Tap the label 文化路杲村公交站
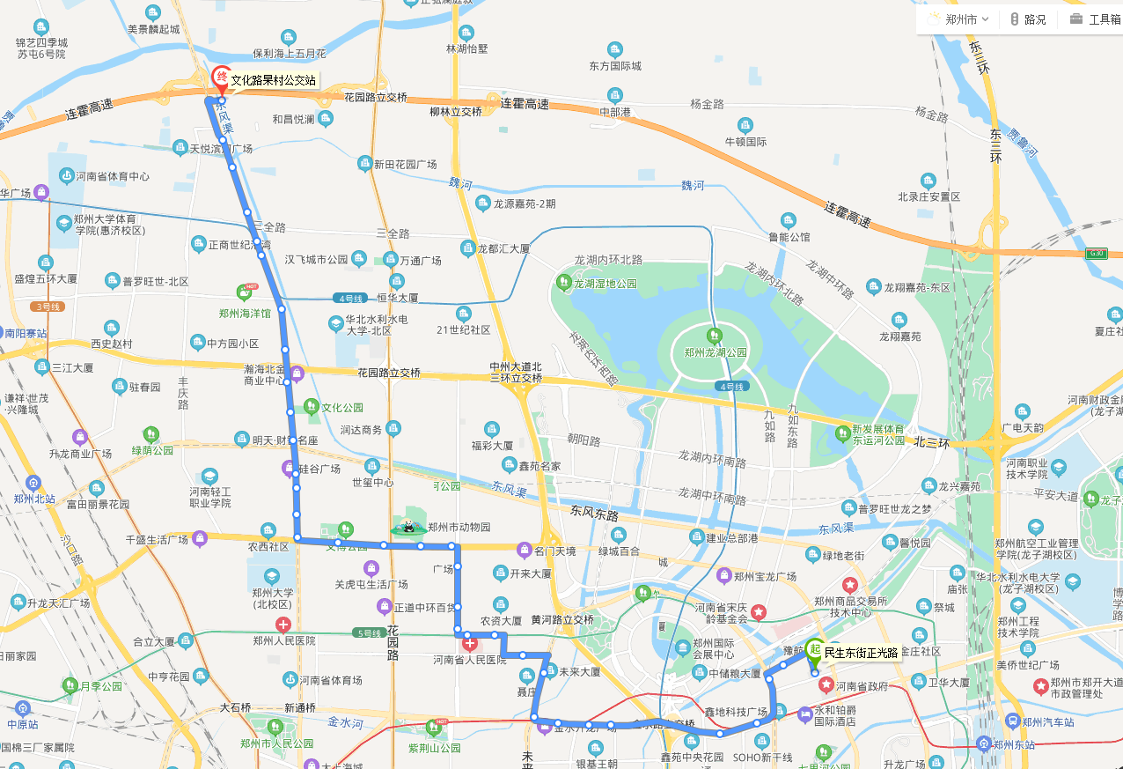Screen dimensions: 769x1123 pyautogui.click(x=273, y=80)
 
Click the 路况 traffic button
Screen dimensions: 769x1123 pyautogui.click(x=1027, y=18)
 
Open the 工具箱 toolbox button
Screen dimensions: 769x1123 pyautogui.click(x=1095, y=18)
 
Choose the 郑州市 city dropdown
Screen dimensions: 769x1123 pyautogui.click(x=958, y=18)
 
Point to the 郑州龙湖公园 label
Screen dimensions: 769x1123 pyautogui.click(x=716, y=352)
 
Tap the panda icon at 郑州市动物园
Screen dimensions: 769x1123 pyautogui.click(x=409, y=527)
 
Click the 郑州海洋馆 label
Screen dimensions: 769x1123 pyautogui.click(x=245, y=313)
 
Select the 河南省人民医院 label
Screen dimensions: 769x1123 pyautogui.click(x=470, y=660)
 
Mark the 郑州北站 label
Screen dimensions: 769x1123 pyautogui.click(x=35, y=499)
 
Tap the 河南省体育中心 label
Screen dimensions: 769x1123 pyautogui.click(x=112, y=176)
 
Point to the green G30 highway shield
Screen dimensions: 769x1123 pyautogui.click(x=1096, y=254)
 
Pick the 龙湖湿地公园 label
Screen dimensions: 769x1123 pyautogui.click(x=605, y=284)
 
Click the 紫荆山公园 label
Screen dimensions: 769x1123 pyautogui.click(x=434, y=748)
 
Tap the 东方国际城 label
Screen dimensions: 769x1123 pyautogui.click(x=615, y=66)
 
